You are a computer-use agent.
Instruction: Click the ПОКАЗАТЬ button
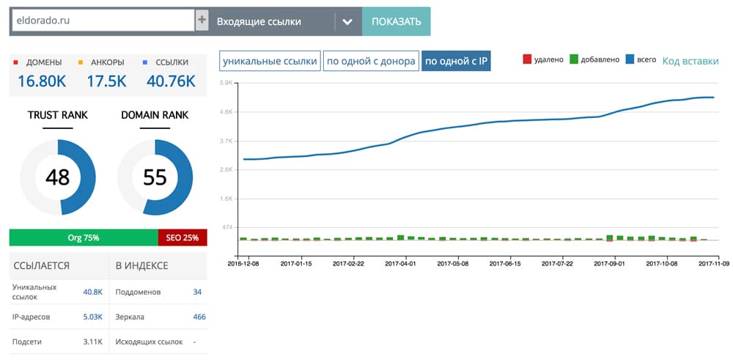(397, 21)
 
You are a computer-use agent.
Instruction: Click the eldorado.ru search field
(103, 21)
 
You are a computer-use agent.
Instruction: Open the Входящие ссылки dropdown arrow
(347, 21)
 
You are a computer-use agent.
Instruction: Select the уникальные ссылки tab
(270, 62)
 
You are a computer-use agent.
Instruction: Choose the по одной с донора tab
(371, 62)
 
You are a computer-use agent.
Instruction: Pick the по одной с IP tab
(456, 62)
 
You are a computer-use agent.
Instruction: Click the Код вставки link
(690, 60)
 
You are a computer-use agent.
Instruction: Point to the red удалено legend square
(527, 59)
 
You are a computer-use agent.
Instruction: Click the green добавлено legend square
(574, 59)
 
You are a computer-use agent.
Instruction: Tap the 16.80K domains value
(42, 81)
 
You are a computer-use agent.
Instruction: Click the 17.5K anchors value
(106, 81)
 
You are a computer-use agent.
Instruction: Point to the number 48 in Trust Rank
(57, 177)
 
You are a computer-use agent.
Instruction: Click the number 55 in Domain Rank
(155, 177)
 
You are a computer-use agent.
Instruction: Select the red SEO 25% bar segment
(183, 238)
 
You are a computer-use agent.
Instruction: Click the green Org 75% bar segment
(84, 238)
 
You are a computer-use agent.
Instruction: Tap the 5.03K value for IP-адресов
(92, 317)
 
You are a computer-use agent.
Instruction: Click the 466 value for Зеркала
(199, 317)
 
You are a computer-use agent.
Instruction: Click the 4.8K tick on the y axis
(226, 111)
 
